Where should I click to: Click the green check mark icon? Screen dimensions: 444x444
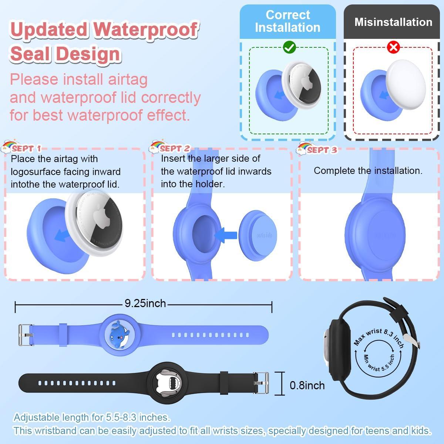(x=289, y=47)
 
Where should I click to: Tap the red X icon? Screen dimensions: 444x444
(x=393, y=47)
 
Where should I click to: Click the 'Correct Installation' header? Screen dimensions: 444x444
(x=287, y=21)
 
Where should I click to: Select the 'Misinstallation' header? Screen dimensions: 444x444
(x=393, y=22)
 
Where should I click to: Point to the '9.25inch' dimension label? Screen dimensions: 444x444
(x=145, y=303)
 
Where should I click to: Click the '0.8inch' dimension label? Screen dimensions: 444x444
(x=307, y=385)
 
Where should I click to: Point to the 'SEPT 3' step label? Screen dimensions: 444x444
(x=322, y=150)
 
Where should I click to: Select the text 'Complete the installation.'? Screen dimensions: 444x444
(x=368, y=171)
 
